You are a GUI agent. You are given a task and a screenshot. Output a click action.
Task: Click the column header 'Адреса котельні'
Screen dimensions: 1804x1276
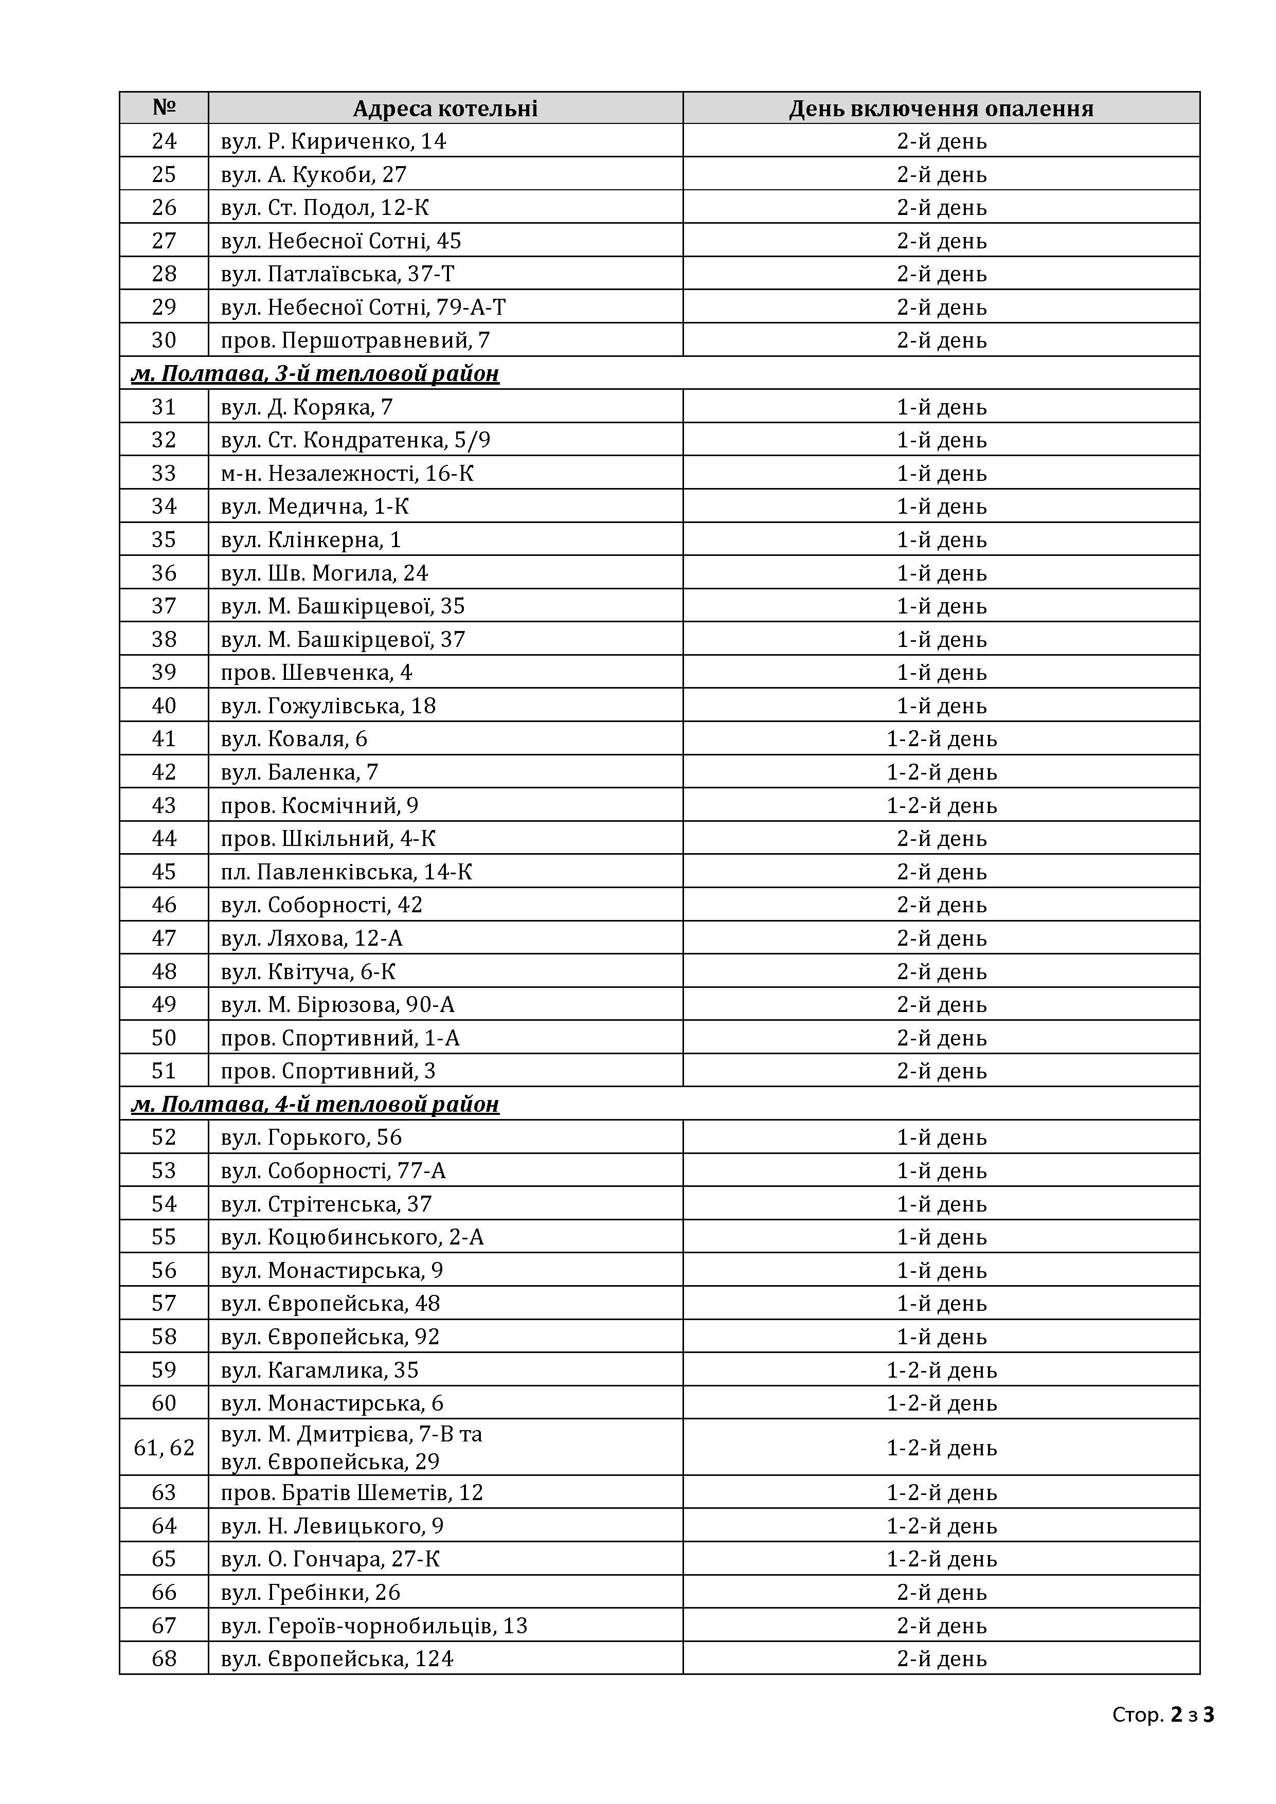(x=445, y=109)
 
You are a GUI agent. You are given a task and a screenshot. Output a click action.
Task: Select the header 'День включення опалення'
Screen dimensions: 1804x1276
(x=941, y=109)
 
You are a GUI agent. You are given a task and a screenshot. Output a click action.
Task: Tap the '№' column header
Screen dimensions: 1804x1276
(x=164, y=107)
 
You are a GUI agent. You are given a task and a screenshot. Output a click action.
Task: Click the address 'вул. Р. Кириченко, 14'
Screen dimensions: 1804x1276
(x=333, y=141)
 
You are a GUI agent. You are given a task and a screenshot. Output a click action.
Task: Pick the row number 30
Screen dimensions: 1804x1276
(x=164, y=340)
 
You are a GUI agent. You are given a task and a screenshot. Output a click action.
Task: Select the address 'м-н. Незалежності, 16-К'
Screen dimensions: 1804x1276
(x=347, y=473)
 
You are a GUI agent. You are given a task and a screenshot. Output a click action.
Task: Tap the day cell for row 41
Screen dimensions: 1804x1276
(x=941, y=739)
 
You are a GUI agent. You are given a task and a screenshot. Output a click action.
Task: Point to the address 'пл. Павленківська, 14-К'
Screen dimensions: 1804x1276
(x=347, y=872)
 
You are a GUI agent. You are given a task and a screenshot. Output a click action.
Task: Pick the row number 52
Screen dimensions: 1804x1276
(x=164, y=1138)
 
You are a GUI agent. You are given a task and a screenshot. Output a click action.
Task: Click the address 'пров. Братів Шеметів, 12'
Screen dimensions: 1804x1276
(x=352, y=1493)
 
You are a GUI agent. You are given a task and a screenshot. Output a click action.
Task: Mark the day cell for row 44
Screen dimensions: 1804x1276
(x=941, y=839)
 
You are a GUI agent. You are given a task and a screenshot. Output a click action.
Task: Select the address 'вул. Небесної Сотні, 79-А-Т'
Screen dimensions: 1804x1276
(x=363, y=307)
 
